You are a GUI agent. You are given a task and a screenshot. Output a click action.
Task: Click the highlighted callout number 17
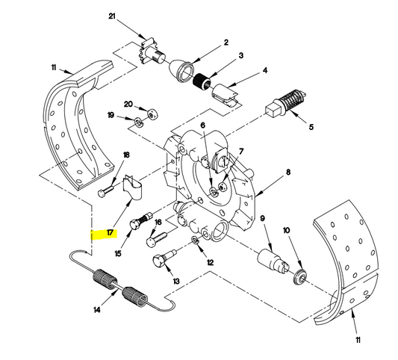click(110, 232)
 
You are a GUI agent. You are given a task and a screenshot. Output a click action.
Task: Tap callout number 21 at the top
click(112, 16)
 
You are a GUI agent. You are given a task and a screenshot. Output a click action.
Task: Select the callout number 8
click(288, 172)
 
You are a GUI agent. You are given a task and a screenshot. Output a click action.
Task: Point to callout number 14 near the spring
click(97, 309)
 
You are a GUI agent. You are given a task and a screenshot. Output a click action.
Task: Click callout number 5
click(311, 126)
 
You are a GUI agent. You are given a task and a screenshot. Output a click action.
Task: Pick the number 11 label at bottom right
click(358, 340)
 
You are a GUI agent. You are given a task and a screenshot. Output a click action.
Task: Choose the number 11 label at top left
click(54, 67)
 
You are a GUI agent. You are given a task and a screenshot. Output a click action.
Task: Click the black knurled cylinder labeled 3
click(202, 81)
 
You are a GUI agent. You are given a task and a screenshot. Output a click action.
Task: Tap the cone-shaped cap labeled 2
click(181, 72)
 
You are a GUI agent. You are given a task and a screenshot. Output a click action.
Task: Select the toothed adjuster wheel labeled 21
click(151, 53)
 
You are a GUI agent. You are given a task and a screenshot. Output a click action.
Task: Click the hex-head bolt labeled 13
click(164, 259)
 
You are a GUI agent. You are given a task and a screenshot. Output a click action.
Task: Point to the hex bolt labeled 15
click(140, 221)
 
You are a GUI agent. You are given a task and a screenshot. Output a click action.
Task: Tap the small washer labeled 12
click(195, 240)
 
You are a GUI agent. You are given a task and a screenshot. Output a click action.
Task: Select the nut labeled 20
click(152, 114)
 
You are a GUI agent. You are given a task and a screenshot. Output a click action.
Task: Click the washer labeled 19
click(139, 122)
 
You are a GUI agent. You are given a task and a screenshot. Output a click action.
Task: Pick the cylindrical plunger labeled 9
click(273, 259)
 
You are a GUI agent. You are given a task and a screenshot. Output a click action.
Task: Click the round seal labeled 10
click(299, 277)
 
